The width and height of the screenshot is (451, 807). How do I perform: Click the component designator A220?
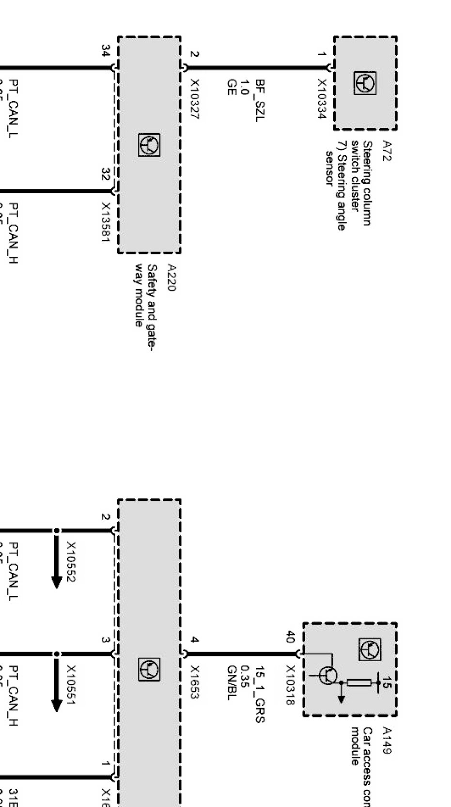pos(171,278)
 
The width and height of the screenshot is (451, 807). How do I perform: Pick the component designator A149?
pos(387,740)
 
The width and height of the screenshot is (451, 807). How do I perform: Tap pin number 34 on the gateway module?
pos(105,50)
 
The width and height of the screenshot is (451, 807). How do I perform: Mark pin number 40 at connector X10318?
pos(290,636)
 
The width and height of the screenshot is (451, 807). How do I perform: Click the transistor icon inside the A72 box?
pos(364,84)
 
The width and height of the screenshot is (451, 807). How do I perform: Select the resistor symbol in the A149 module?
pos(359,683)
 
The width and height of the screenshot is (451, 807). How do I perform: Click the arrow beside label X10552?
pos(57,562)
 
